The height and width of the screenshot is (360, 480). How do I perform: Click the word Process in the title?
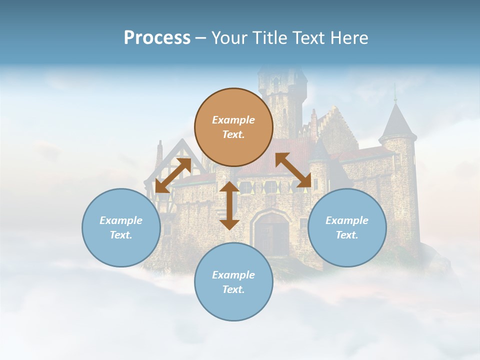point(157,38)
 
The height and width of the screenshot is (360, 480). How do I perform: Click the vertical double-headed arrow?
point(229,205)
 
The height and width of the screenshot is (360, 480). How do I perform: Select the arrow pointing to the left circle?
point(173,175)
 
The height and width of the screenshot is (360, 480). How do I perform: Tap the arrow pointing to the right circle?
point(293,170)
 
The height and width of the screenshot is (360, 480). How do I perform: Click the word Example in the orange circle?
point(233,120)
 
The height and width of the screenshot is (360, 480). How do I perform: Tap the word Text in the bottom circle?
point(233,289)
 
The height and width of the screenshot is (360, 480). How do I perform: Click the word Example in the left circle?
point(121,220)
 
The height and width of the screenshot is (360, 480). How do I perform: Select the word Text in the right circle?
point(347,235)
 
